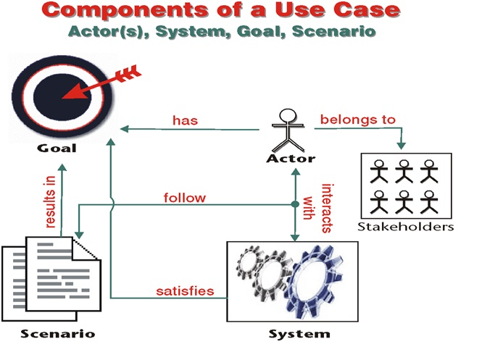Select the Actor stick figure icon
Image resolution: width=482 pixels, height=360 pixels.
pos(288,129)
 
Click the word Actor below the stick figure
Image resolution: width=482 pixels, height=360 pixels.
pos(290,158)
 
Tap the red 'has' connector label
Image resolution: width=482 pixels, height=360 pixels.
pos(185,120)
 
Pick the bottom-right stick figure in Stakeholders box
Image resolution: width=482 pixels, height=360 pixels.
pos(431,202)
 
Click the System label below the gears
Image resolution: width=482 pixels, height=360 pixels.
pos(299,334)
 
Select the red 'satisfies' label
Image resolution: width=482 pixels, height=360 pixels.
pos(185,290)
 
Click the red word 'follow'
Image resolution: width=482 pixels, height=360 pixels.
pos(184,197)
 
